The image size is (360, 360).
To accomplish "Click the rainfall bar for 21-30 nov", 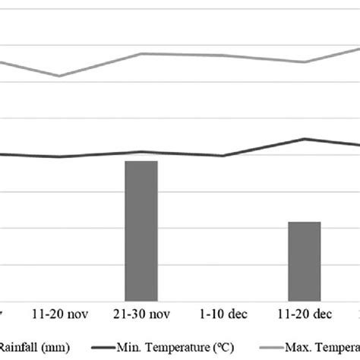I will pyautogui.click(x=141, y=231).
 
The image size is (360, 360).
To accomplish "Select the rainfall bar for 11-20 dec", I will pyautogui.click(x=304, y=261).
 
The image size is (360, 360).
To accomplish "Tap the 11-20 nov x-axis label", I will pyautogui.click(x=59, y=314).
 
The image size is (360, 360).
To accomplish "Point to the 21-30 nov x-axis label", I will pyautogui.click(x=141, y=314).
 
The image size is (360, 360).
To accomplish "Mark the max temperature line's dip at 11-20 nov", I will pyautogui.click(x=59, y=76).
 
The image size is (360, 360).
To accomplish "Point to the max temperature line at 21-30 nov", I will pyautogui.click(x=141, y=54).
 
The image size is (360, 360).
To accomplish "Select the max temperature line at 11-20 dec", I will pyautogui.click(x=304, y=62).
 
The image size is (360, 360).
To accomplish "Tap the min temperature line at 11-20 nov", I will pyautogui.click(x=59, y=157).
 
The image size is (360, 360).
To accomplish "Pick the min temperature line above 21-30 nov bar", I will pyautogui.click(x=141, y=152).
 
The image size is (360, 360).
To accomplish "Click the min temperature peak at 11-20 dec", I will pyautogui.click(x=305, y=139).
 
